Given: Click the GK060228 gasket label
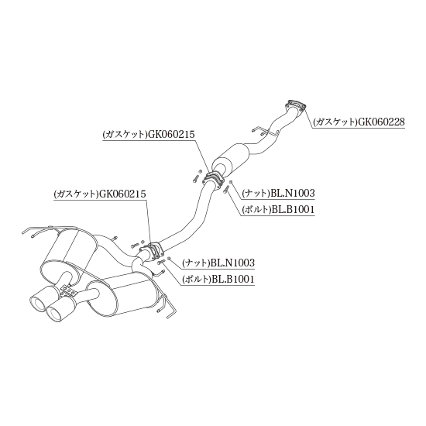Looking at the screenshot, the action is (x=359, y=122).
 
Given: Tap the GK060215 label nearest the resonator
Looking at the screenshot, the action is (x=149, y=135).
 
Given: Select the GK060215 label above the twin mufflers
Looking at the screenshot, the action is (x=100, y=194).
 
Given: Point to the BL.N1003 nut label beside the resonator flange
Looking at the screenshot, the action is (x=279, y=193).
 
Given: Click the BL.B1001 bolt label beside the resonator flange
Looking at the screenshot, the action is (x=278, y=209).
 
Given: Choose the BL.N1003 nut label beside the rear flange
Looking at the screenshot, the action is (x=218, y=263).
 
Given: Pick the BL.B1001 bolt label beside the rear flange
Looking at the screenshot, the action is (x=218, y=279).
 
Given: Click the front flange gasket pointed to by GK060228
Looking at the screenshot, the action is (x=296, y=105).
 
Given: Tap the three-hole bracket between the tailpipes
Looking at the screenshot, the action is (x=69, y=291).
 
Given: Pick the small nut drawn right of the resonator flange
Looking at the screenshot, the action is (x=231, y=181).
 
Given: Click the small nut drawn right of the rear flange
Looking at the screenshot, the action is (x=169, y=259).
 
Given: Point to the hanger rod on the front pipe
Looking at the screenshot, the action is (x=265, y=131).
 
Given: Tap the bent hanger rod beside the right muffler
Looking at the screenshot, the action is (x=167, y=306).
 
